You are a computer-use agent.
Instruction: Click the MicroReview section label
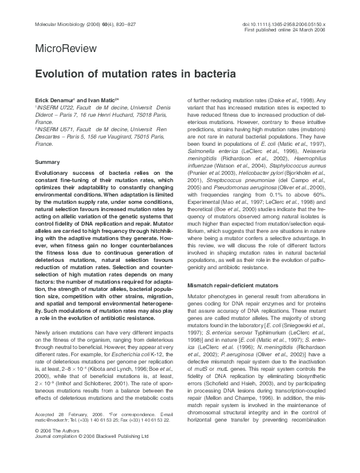point(57,47)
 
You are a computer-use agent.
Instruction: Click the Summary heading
point(47,163)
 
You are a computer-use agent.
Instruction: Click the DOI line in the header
point(285,24)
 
